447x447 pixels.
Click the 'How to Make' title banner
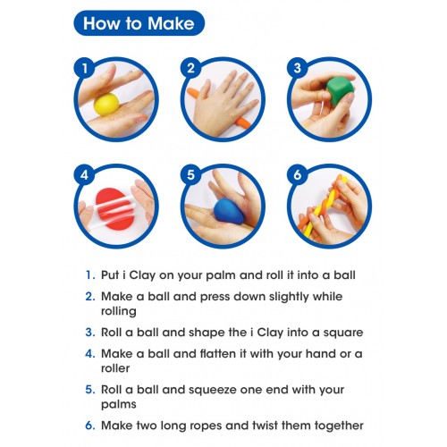coord(139,23)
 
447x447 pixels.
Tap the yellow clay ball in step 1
coord(106,104)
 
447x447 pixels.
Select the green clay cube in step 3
coord(340,91)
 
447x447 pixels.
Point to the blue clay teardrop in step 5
coord(228,211)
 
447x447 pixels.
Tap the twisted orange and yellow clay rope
coord(324,207)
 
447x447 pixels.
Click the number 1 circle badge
coord(85,68)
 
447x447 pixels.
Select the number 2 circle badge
coord(191,68)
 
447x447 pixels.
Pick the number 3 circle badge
coord(298,68)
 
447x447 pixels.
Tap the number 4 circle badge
coord(85,174)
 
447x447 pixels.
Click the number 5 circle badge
coord(191,174)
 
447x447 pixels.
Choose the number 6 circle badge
coord(298,174)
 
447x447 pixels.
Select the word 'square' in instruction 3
coord(343,333)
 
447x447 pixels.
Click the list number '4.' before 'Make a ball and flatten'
coord(90,354)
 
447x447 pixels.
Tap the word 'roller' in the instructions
coord(115,368)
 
